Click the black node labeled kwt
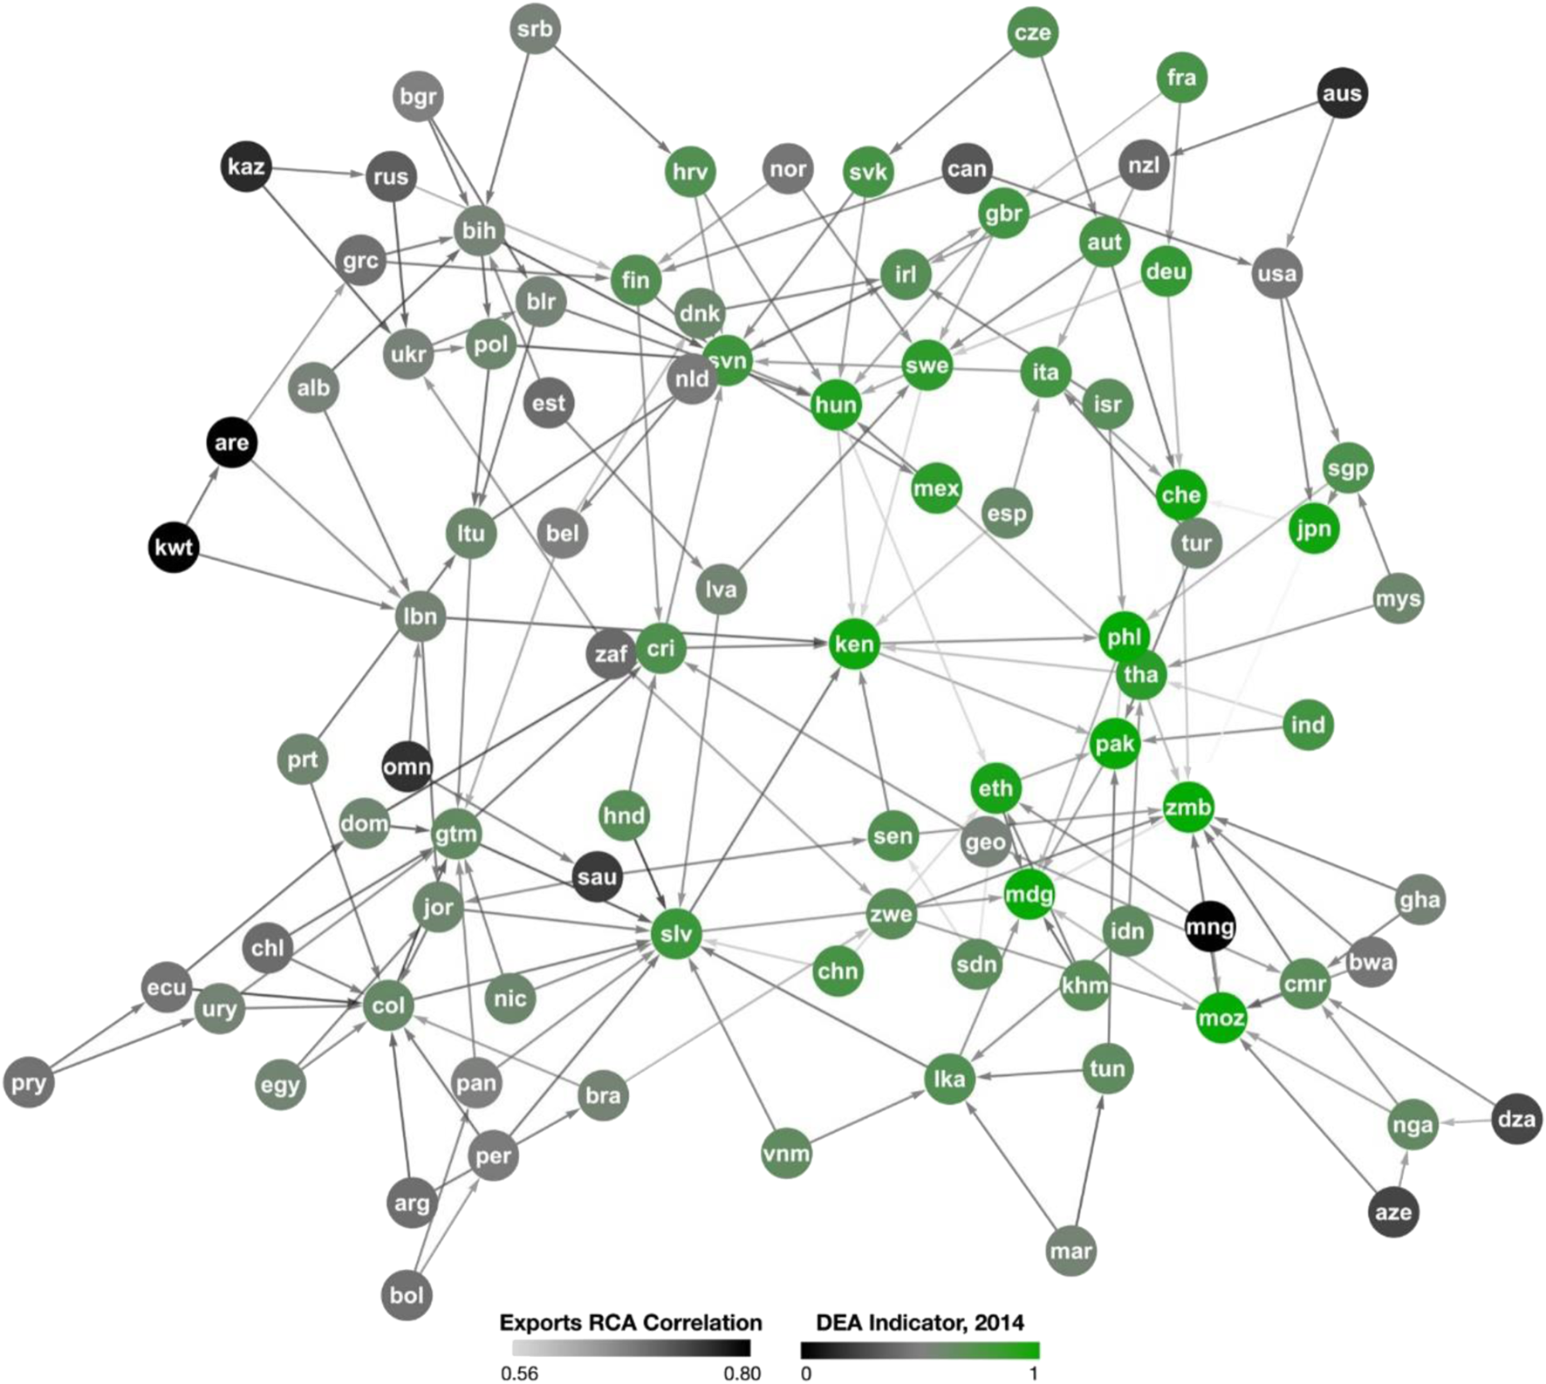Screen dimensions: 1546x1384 click(174, 548)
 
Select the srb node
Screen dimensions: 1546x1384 click(534, 29)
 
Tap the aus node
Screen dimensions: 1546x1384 click(1341, 93)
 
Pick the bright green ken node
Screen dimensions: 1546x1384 click(853, 644)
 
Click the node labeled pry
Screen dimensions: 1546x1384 click(29, 1083)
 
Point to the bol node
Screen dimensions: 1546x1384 click(407, 1295)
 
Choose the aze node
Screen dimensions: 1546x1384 click(1392, 1212)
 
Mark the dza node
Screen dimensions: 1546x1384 click(1516, 1119)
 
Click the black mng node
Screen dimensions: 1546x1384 click(1210, 926)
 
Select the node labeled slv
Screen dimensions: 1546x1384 click(676, 934)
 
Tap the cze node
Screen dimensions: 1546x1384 click(1032, 33)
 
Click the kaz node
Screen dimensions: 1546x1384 click(246, 166)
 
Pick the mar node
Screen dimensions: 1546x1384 click(1071, 1251)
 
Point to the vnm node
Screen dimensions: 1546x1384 click(786, 1154)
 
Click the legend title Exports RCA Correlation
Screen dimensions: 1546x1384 click(630, 1323)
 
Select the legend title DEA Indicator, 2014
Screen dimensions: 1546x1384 click(920, 1323)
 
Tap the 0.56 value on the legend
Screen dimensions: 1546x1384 click(519, 1374)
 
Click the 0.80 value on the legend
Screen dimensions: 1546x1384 click(742, 1374)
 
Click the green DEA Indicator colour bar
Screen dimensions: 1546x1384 click(920, 1350)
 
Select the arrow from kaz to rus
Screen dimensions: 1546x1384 click(314, 172)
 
